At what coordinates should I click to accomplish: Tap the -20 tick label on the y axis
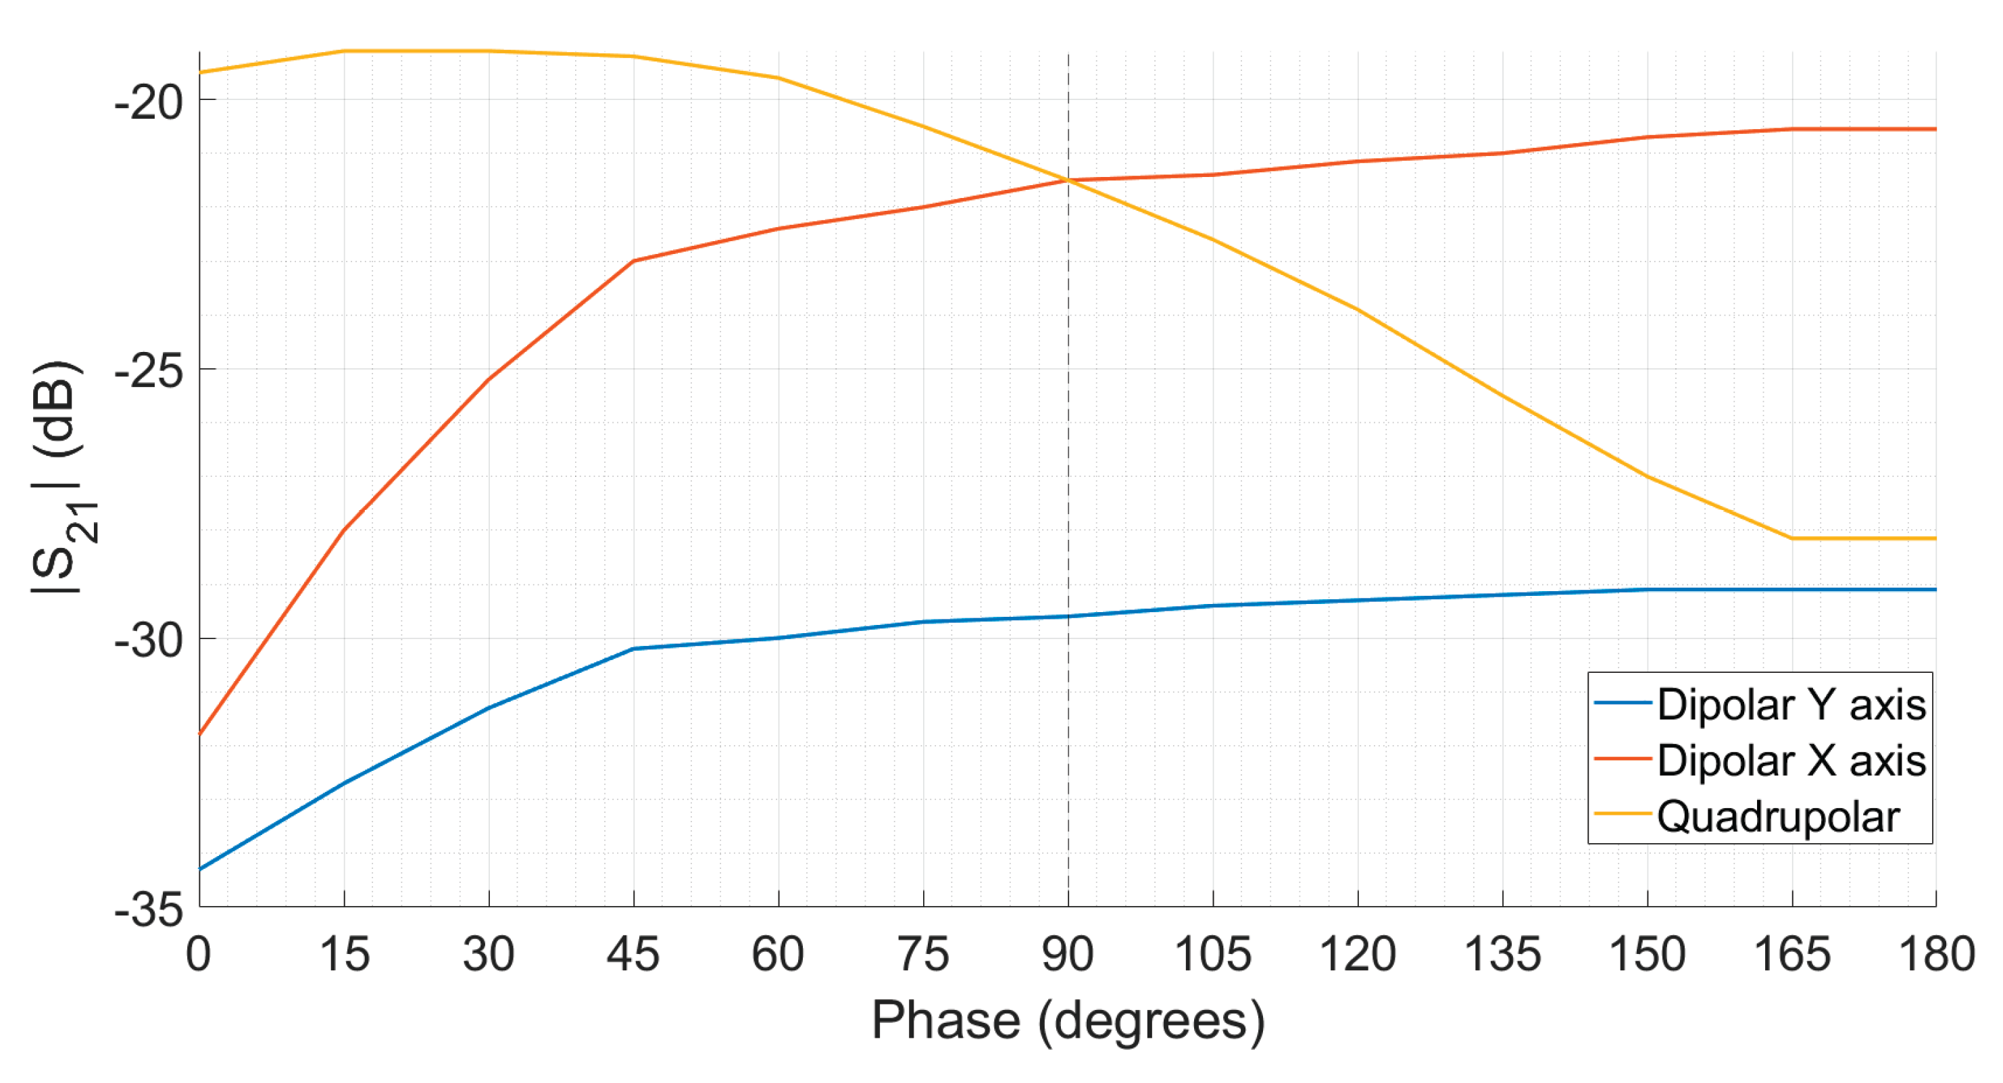149,101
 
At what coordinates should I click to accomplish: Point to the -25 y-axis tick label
149,371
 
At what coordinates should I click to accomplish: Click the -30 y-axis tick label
149,640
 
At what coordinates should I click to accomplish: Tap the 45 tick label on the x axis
633,955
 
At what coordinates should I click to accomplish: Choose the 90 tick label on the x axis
1068,955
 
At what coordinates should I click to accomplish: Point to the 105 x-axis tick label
1212,955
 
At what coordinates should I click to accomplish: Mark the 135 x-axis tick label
1502,955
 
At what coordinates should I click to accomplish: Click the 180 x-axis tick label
1936,955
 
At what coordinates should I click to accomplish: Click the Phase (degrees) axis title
1068,1020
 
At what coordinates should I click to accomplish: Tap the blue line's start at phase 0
200,870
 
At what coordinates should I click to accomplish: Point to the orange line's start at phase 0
200,733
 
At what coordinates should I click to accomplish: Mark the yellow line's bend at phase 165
1792,538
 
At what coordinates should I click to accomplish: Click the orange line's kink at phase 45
634,261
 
